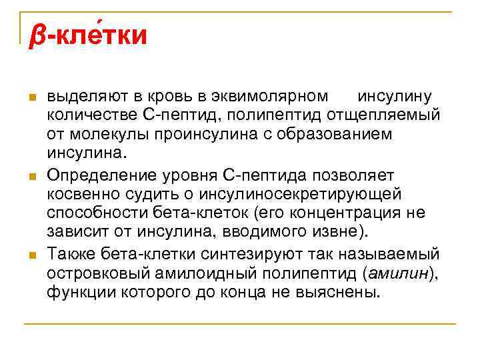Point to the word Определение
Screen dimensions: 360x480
[101, 175]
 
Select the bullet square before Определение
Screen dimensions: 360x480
[31, 177]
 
